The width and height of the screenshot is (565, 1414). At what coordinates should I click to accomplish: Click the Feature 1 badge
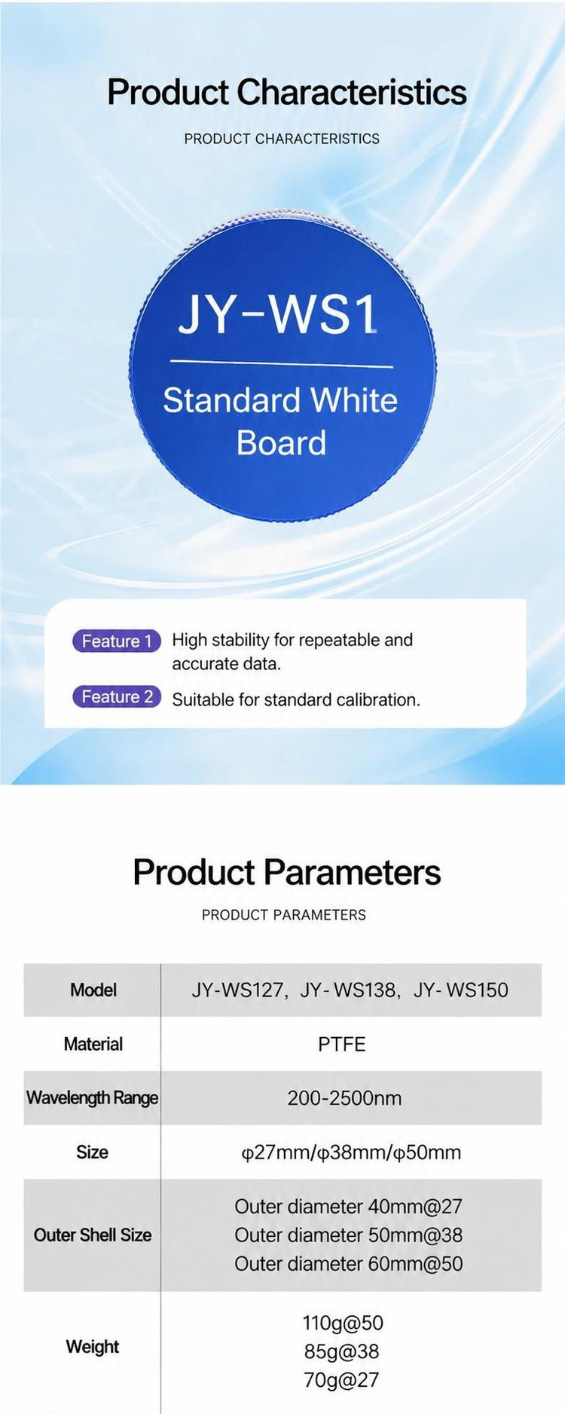(x=117, y=641)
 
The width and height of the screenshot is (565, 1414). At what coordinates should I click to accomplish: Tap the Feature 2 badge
(x=117, y=696)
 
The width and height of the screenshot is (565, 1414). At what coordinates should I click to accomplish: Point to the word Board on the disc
(x=281, y=442)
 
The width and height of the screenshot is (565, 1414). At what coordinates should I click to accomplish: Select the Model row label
(x=93, y=990)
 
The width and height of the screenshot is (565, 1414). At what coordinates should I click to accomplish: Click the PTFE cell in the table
(x=342, y=1044)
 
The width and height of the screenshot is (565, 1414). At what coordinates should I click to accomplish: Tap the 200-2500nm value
(x=344, y=1097)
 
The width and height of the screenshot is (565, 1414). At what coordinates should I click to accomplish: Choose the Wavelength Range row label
(x=92, y=1097)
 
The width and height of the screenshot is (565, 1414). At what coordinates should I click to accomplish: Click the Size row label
(x=92, y=1152)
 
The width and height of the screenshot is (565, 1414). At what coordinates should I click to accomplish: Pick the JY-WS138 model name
(x=348, y=990)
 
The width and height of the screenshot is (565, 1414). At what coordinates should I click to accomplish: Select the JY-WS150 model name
(x=461, y=990)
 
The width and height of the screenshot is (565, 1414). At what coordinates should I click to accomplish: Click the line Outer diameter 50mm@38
(x=348, y=1235)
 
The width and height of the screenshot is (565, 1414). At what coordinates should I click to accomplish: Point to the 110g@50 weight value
(x=343, y=1323)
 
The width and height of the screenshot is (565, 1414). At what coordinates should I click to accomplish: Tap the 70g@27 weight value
(x=341, y=1380)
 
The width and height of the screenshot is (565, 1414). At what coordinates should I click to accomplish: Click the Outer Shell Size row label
(x=93, y=1235)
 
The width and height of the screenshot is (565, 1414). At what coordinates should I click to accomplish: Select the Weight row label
(x=93, y=1346)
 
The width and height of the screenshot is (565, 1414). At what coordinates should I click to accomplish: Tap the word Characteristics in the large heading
(x=352, y=92)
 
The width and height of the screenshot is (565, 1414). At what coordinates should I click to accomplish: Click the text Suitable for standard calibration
(x=296, y=699)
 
